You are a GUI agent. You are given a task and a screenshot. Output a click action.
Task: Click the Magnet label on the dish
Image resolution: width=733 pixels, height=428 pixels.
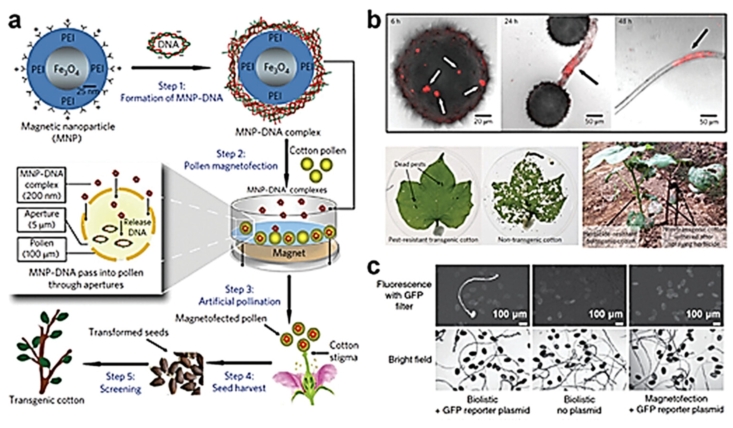tap(289, 253)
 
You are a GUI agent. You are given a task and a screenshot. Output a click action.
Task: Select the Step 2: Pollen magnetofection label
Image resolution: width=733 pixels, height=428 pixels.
tap(231, 160)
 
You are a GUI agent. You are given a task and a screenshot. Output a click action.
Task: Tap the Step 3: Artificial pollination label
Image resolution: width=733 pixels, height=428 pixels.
tap(239, 295)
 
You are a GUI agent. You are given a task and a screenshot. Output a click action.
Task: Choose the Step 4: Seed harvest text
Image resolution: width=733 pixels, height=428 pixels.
tap(239, 382)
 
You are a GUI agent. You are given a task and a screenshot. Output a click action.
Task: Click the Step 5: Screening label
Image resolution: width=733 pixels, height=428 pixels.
tap(121, 383)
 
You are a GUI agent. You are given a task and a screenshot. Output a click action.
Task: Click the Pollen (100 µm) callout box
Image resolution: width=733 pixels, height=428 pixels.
tap(42, 249)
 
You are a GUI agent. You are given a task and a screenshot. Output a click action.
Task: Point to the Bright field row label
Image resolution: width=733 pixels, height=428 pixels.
tap(410, 360)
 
